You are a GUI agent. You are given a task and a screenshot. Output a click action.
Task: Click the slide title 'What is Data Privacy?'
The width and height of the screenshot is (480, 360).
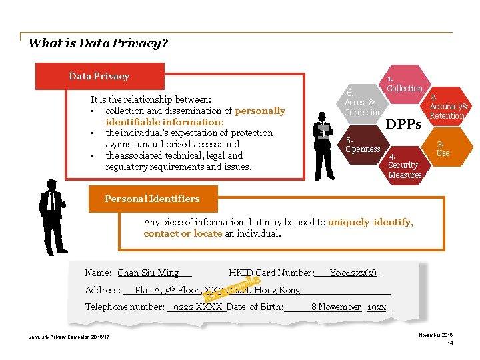[98, 44]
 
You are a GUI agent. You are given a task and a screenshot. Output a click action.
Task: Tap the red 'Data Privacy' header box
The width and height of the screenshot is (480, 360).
[99, 76]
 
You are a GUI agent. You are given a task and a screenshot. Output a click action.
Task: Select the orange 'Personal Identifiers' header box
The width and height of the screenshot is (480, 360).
[152, 199]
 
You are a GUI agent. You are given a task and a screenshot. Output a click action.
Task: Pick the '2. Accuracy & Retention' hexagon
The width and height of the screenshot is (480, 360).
[446, 107]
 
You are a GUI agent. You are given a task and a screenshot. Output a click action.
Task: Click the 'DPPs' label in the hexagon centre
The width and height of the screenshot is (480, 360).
[404, 124]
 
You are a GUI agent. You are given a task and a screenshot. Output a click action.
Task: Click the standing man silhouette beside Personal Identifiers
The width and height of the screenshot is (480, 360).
[51, 217]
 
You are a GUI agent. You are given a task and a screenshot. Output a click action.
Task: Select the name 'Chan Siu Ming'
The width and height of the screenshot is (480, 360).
[148, 273]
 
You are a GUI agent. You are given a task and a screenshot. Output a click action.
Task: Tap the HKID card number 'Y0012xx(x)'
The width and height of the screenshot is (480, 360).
[353, 273]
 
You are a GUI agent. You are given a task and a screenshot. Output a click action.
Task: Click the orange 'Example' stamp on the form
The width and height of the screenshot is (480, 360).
[231, 285]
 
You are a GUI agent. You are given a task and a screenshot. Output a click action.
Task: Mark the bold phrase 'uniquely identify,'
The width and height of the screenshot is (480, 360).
[370, 223]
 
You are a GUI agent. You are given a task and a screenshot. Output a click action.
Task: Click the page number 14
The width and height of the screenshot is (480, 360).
[450, 343]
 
